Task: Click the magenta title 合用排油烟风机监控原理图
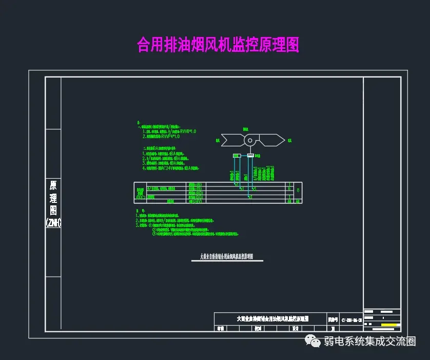(x=218, y=45)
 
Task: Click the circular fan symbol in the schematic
(x=250, y=140)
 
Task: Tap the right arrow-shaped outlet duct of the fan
(x=272, y=139)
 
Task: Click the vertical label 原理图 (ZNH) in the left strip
(x=53, y=203)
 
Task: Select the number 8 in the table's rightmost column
(x=299, y=191)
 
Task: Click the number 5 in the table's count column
(x=290, y=188)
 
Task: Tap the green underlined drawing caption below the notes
(x=226, y=256)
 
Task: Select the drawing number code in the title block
(x=348, y=320)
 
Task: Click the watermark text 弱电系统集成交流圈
(x=369, y=341)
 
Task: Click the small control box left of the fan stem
(x=236, y=155)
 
